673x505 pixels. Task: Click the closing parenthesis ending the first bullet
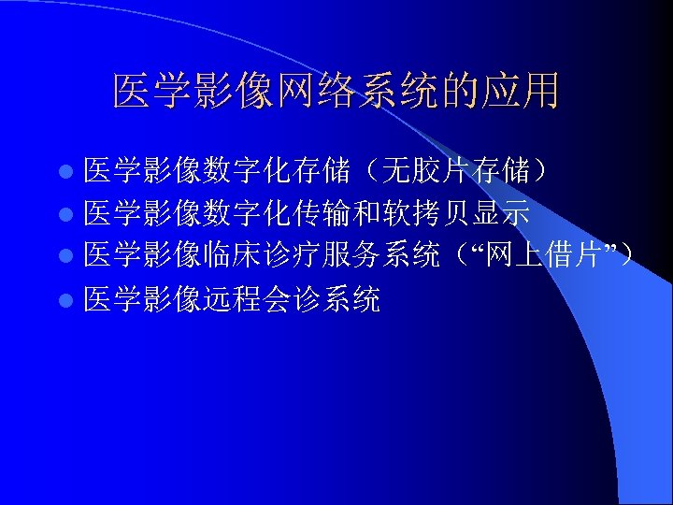point(541,172)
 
